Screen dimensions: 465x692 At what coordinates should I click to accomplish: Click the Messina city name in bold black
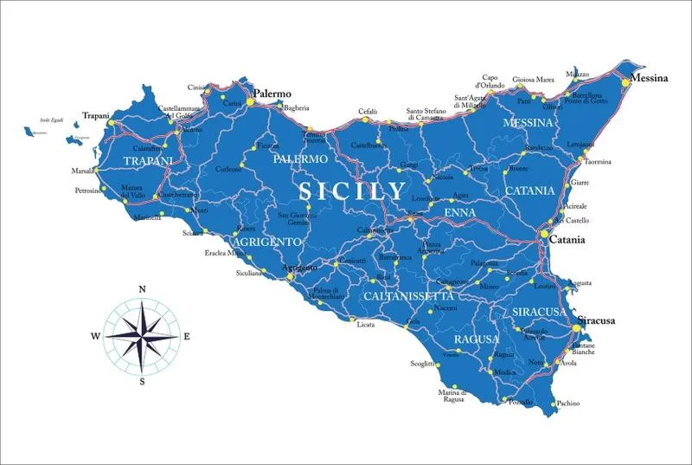point(649,78)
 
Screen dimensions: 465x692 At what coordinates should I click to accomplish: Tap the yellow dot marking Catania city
point(544,235)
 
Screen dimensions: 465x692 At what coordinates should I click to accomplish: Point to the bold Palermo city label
point(272,93)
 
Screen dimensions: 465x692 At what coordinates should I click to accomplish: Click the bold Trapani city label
point(97,115)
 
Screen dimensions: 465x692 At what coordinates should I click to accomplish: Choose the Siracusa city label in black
point(596,320)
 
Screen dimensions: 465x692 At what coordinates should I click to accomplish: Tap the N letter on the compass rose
point(142,289)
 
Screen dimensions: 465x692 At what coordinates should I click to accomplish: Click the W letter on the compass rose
point(96,336)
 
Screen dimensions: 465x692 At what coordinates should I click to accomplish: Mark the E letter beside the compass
point(187,336)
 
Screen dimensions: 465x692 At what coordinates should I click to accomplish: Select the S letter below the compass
point(142,381)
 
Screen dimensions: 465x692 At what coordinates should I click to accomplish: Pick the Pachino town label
point(568,404)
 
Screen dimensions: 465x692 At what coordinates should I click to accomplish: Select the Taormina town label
point(598,162)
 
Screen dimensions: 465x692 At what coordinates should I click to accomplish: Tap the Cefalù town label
point(368,113)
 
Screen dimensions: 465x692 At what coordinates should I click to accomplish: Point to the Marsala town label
point(84,171)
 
